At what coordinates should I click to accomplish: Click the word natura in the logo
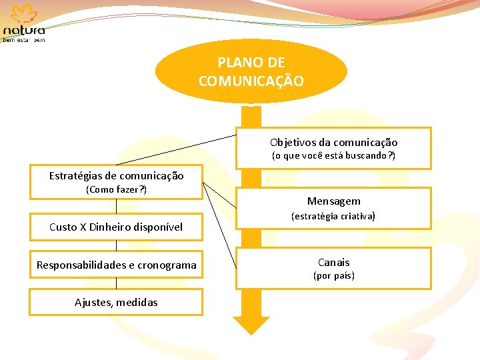point(25,31)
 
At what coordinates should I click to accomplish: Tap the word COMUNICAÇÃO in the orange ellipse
point(251,81)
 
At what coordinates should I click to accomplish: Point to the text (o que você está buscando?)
point(333,156)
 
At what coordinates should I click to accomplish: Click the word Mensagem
point(333,201)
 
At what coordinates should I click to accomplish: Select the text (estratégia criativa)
point(333,216)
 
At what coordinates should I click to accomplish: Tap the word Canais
point(333,262)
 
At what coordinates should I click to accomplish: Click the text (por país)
point(333,275)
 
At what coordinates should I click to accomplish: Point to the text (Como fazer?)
point(116,189)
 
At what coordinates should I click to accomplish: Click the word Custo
point(63,227)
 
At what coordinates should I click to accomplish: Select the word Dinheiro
point(113,227)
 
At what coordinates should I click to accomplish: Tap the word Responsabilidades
point(81,265)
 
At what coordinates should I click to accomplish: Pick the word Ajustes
point(93,303)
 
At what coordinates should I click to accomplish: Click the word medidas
point(139,303)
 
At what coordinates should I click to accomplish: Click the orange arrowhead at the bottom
point(251,325)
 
